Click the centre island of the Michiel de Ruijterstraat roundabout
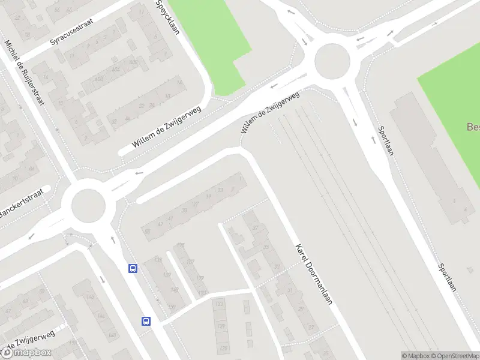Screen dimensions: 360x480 pos(88,206)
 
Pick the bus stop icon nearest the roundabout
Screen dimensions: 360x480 pos(133,268)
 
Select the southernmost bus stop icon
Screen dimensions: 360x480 pos(146,321)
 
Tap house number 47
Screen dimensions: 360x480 pos(160,224)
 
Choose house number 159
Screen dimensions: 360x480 pos(72,343)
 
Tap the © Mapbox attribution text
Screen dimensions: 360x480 pos(416,356)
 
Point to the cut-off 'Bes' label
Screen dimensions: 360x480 pos(473,127)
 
